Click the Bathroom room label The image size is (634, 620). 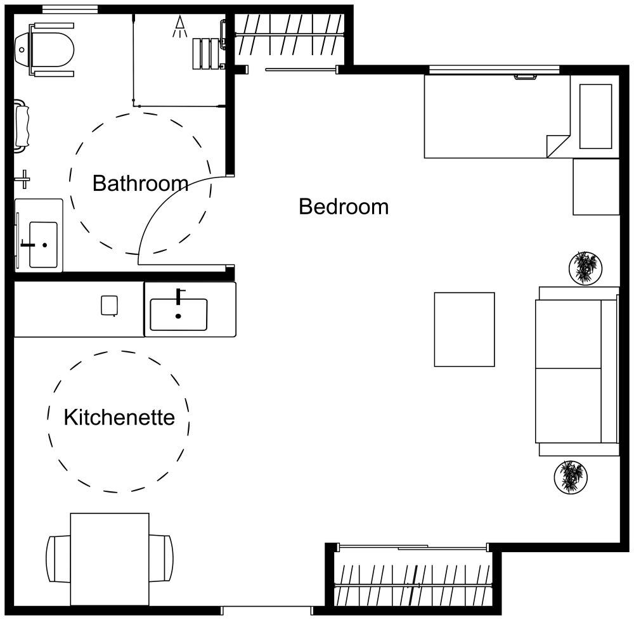[x=140, y=184]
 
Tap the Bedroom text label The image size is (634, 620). [x=343, y=207]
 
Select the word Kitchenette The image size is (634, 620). [x=119, y=417]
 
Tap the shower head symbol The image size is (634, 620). [x=181, y=25]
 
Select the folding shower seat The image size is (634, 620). [x=206, y=53]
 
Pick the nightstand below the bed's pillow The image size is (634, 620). [x=596, y=187]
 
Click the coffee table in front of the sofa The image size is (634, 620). [x=464, y=329]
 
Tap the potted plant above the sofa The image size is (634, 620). [x=585, y=268]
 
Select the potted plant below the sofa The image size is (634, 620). [x=570, y=477]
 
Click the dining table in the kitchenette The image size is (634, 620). [x=110, y=558]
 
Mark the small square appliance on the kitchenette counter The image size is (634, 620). [x=109, y=306]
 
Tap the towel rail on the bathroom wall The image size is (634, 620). [x=24, y=126]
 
